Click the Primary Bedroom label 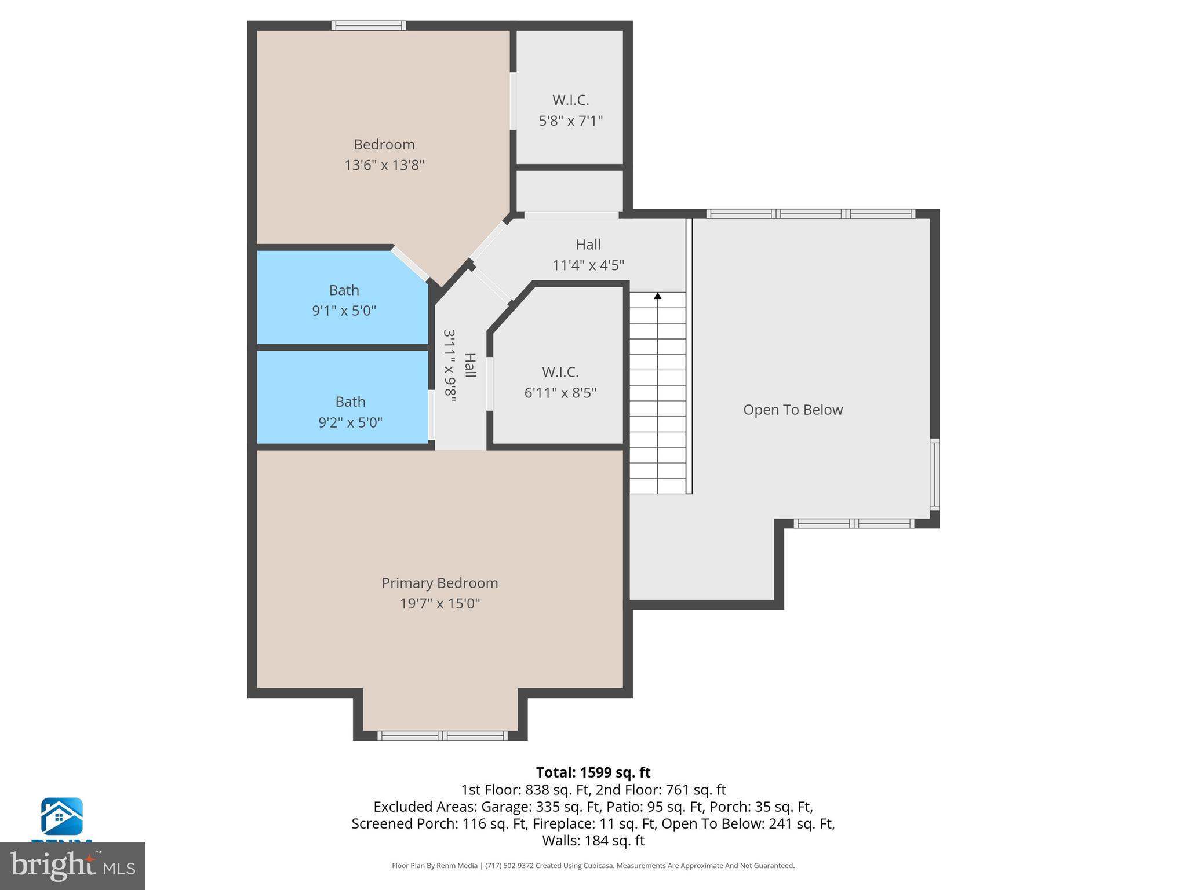(x=439, y=583)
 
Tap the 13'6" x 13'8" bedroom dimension (x=384, y=165)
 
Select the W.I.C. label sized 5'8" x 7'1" (x=570, y=100)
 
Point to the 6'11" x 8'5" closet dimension (x=560, y=393)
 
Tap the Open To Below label (x=792, y=410)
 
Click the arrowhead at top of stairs (x=657, y=296)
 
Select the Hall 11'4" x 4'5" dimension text (x=588, y=265)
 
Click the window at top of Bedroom (x=368, y=25)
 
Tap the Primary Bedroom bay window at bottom (x=442, y=735)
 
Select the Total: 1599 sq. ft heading (x=593, y=772)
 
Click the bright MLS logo (x=72, y=866)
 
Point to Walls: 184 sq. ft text (x=593, y=840)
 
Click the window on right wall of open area (x=934, y=475)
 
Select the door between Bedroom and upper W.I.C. (x=513, y=101)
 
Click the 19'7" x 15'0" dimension (x=439, y=604)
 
